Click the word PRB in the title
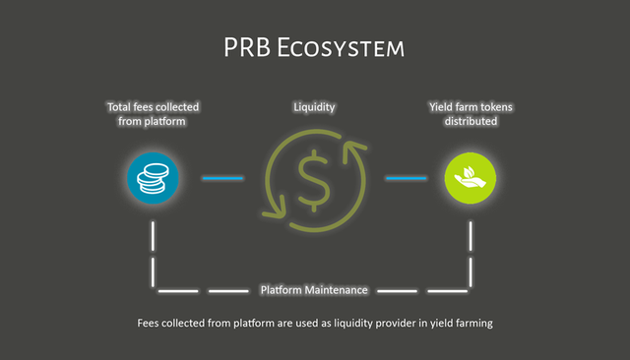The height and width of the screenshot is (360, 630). click(x=247, y=47)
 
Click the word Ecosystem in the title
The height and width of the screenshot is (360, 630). click(x=341, y=47)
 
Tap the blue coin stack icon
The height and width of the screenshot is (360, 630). click(x=153, y=178)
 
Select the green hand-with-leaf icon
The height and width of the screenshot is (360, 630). click(x=471, y=178)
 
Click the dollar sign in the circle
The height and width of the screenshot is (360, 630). click(x=314, y=181)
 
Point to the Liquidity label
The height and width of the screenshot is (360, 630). click(x=314, y=107)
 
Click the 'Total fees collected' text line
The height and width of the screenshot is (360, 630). click(x=154, y=107)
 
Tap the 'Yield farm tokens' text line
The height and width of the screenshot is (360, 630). click(x=471, y=107)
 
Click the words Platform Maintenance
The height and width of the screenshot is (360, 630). click(x=314, y=290)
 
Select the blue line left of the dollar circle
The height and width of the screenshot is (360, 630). click(x=222, y=178)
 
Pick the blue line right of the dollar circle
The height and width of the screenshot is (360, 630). click(x=406, y=178)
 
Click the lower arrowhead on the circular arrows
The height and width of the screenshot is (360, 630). click(x=276, y=209)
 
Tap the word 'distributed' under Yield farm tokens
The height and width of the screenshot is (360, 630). click(x=471, y=121)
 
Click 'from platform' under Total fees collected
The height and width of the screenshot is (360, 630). click(x=152, y=121)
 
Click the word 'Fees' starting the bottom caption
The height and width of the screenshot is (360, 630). click(x=148, y=323)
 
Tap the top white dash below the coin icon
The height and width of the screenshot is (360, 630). click(x=153, y=236)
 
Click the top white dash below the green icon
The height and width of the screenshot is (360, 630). click(x=471, y=236)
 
